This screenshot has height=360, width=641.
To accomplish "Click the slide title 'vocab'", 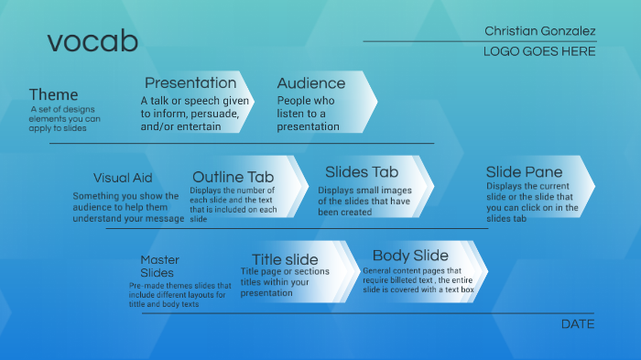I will click(92, 41).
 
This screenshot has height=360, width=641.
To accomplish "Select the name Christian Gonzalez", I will click(539, 31).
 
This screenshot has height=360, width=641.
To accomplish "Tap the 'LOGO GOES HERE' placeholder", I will click(539, 52).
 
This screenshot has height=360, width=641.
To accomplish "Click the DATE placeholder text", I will click(577, 324).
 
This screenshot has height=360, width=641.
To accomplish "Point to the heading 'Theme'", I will click(53, 94).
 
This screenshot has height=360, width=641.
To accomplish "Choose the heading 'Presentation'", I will click(190, 83).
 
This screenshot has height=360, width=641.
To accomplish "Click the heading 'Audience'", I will click(311, 83).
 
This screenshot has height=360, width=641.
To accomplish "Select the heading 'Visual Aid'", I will click(123, 178).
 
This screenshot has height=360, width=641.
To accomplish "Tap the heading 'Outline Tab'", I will click(233, 177).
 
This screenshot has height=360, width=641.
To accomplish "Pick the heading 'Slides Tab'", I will click(362, 172).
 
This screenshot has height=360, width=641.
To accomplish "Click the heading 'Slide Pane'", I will click(524, 172).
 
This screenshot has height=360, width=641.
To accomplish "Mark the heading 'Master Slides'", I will click(159, 266).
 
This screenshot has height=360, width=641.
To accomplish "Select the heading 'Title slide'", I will click(285, 260).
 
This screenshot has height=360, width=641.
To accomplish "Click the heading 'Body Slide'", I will click(410, 256).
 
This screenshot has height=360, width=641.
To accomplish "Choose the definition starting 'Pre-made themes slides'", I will click(179, 295).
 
